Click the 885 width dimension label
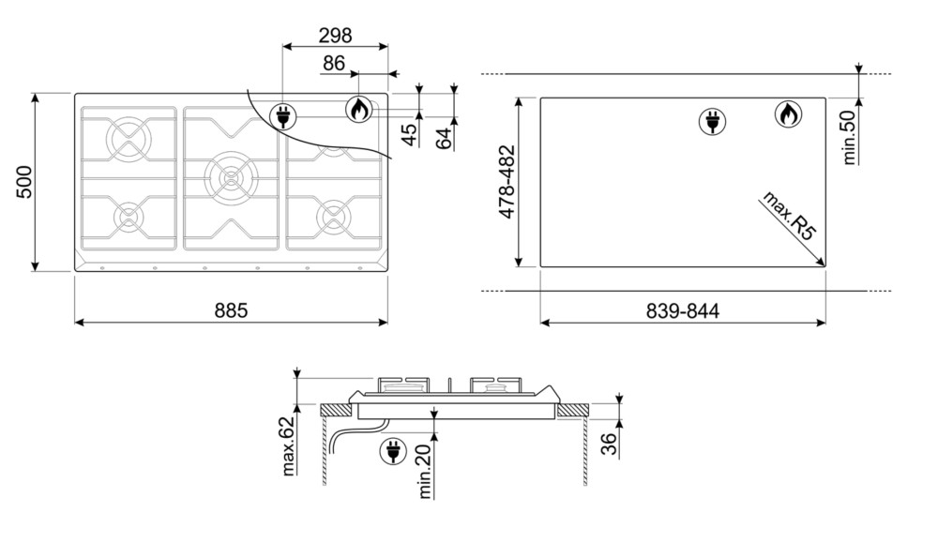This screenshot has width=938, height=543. click(x=231, y=310)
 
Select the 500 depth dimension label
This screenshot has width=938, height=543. click(x=24, y=182)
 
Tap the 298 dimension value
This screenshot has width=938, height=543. click(x=335, y=36)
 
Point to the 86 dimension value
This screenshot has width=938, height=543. click(x=334, y=63)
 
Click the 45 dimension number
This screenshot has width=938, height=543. click(x=410, y=134)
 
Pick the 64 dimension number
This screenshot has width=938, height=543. click(x=444, y=139)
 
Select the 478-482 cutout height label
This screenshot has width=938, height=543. click(x=507, y=182)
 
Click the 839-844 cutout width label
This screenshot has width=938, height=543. click(x=683, y=311)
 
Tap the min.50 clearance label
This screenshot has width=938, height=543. click(x=850, y=139)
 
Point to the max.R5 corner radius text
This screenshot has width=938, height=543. click(x=789, y=216)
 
